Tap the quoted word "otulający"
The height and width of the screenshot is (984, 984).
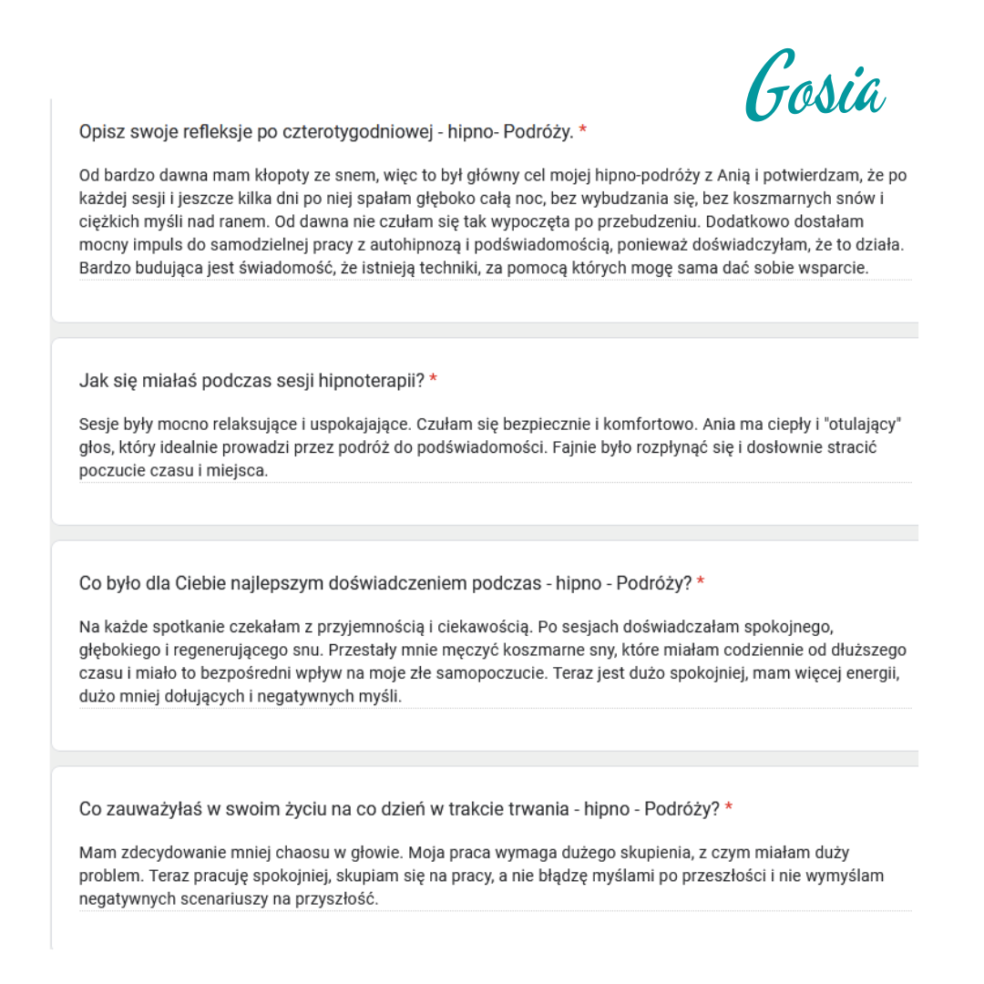tap(864, 425)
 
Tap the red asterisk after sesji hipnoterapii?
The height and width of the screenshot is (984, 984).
tap(434, 380)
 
